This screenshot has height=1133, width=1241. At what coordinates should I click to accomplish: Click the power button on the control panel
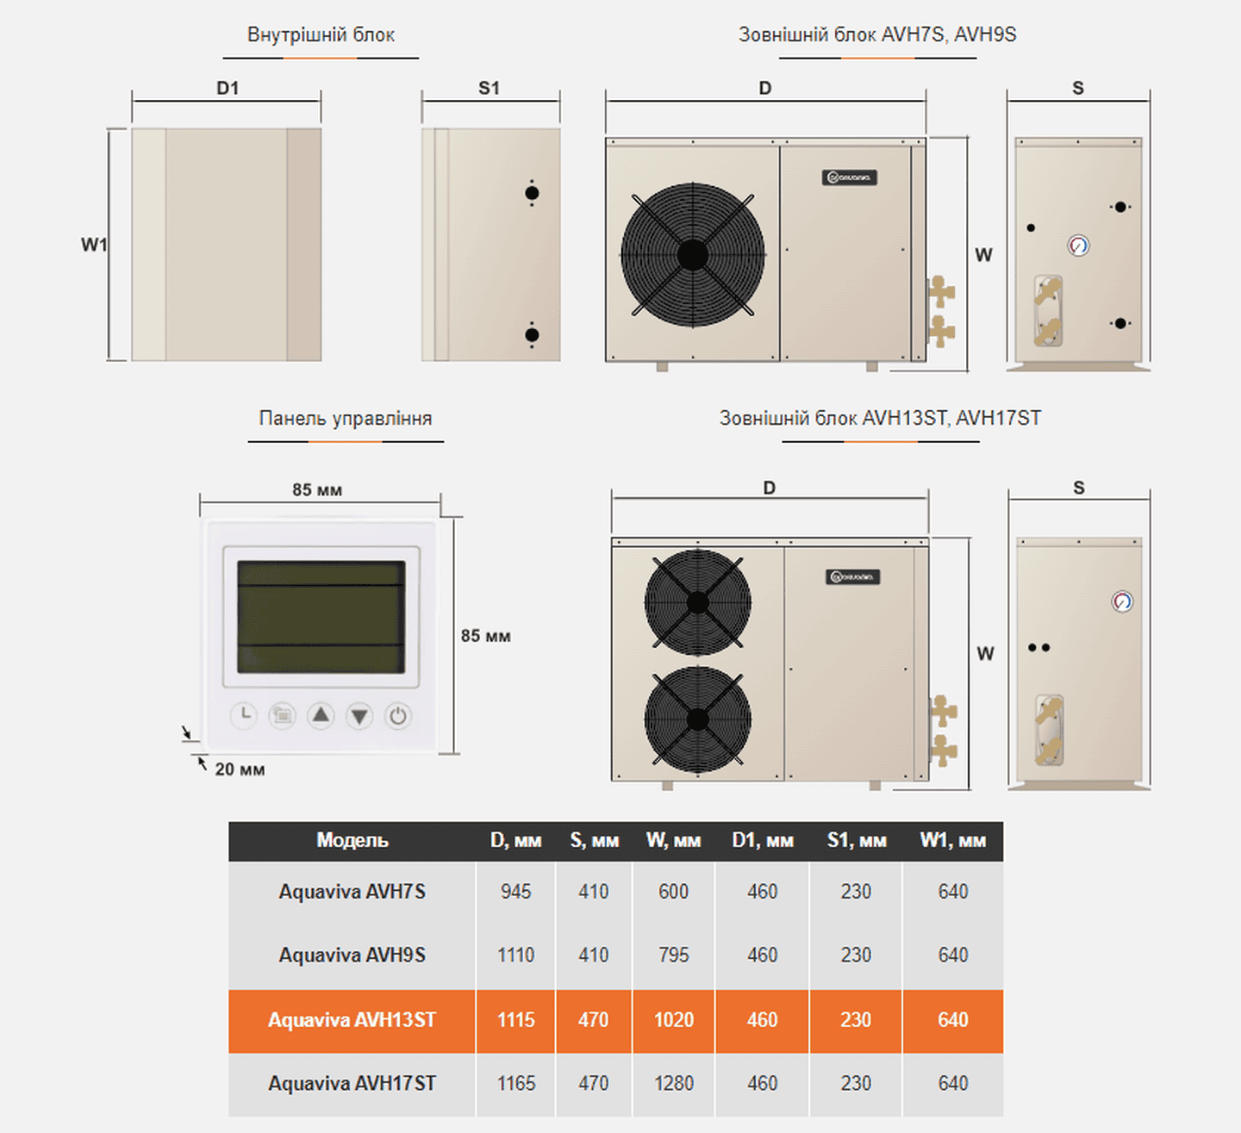398,716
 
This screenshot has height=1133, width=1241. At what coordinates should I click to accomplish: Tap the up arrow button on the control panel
321,716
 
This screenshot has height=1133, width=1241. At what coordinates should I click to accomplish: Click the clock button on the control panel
244,716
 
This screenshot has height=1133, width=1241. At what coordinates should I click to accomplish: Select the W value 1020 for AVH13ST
674,1020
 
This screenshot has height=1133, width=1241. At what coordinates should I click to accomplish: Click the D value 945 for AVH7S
516,892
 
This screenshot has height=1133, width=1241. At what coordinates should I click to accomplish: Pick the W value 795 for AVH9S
674,955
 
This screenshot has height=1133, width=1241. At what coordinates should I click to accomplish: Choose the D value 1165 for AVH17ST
516,1084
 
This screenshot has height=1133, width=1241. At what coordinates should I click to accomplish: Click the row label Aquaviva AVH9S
352,955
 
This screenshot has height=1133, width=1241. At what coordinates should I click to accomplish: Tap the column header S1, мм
857,840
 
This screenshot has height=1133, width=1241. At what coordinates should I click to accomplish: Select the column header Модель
352,840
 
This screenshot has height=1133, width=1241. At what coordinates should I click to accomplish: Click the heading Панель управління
346,418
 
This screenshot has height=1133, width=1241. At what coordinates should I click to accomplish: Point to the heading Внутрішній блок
321,34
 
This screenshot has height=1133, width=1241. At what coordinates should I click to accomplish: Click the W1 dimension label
94,245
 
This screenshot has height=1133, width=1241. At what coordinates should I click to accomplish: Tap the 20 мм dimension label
240,769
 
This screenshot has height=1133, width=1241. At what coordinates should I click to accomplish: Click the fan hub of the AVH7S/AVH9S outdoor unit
693,255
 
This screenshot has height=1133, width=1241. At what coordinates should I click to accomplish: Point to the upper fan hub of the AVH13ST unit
698,603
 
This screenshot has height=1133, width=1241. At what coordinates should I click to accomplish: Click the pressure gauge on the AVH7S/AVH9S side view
1078,246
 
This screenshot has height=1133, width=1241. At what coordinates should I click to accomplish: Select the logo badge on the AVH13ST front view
852,577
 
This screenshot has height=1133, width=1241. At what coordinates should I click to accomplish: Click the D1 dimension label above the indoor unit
228,89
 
